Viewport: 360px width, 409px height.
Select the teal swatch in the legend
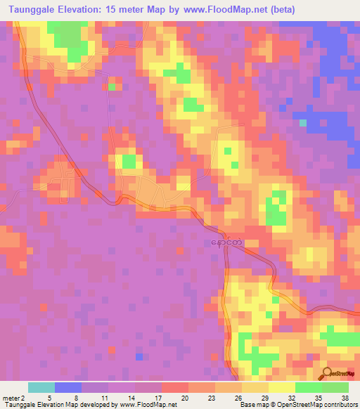[41, 387]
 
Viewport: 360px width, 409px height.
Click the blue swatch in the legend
[68, 387]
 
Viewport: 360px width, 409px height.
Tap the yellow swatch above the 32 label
[281, 387]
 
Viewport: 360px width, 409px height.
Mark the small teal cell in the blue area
[303, 123]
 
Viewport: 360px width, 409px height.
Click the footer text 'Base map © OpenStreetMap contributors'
[297, 405]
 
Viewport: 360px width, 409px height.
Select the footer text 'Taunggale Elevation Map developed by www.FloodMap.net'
[90, 405]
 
